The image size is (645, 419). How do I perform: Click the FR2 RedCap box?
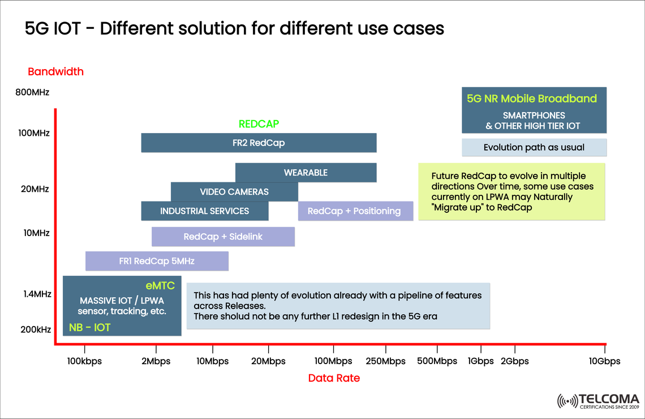[259, 143]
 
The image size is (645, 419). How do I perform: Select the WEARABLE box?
[306, 173]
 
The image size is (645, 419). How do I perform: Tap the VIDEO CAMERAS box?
[234, 192]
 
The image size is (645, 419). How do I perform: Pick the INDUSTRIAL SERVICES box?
[204, 211]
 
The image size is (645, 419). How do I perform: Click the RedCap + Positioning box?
[354, 211]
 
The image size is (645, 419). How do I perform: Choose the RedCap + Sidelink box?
[223, 237]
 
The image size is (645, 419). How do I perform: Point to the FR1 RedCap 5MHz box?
[157, 261]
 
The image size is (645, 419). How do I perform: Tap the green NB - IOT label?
[89, 327]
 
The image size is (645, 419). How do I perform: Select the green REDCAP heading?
[259, 124]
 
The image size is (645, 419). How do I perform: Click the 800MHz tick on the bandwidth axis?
[32, 92]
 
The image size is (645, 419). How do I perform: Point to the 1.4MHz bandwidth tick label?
[38, 294]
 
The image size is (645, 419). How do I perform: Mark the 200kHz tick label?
[36, 330]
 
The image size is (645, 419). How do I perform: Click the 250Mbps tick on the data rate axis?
[385, 361]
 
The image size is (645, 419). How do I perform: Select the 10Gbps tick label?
[604, 361]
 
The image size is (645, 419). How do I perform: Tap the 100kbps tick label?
[84, 361]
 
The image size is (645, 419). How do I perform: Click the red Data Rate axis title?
[334, 378]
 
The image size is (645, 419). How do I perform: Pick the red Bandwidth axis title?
[55, 72]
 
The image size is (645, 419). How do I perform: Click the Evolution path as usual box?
[534, 148]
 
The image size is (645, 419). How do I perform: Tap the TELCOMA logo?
[598, 400]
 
